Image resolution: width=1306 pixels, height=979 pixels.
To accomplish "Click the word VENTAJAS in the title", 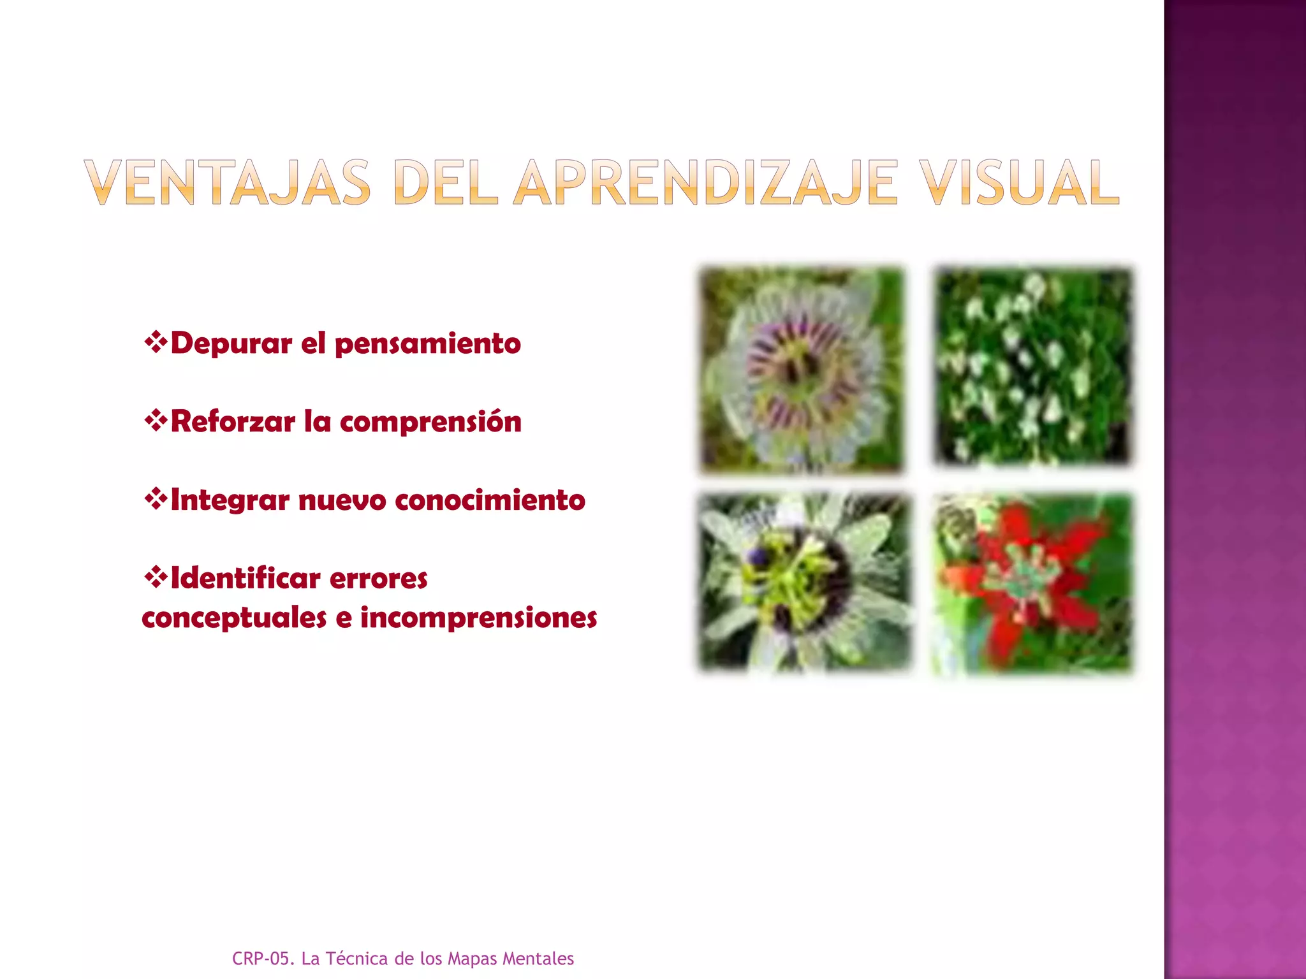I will pos(227,183).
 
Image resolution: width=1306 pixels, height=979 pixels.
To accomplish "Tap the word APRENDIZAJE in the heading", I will pos(705,183).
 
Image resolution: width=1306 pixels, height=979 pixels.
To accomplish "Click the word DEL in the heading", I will pos(444,183).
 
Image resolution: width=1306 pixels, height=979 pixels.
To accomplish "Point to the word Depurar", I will pos(231,344).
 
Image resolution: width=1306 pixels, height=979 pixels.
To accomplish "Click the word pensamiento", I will pos(427,344).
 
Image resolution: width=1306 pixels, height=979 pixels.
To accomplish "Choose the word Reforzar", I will pos(233,421).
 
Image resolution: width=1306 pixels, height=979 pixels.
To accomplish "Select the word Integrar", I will pos(230,500).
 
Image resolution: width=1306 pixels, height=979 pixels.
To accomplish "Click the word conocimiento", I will pos(490,500).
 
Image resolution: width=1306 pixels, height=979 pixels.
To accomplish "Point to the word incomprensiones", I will pos(478,618).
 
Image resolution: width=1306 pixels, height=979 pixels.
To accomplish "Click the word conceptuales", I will pos(234,618).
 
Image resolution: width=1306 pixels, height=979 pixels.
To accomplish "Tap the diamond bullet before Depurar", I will pos(156,343).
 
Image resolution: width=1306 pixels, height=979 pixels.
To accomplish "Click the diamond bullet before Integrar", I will pos(156,499).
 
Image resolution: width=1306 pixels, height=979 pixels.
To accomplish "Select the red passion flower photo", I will pos(1032,583).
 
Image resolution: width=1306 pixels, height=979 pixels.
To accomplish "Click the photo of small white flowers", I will pos(1032,367).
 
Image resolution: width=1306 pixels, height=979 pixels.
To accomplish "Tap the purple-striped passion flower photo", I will pos(802,370).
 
